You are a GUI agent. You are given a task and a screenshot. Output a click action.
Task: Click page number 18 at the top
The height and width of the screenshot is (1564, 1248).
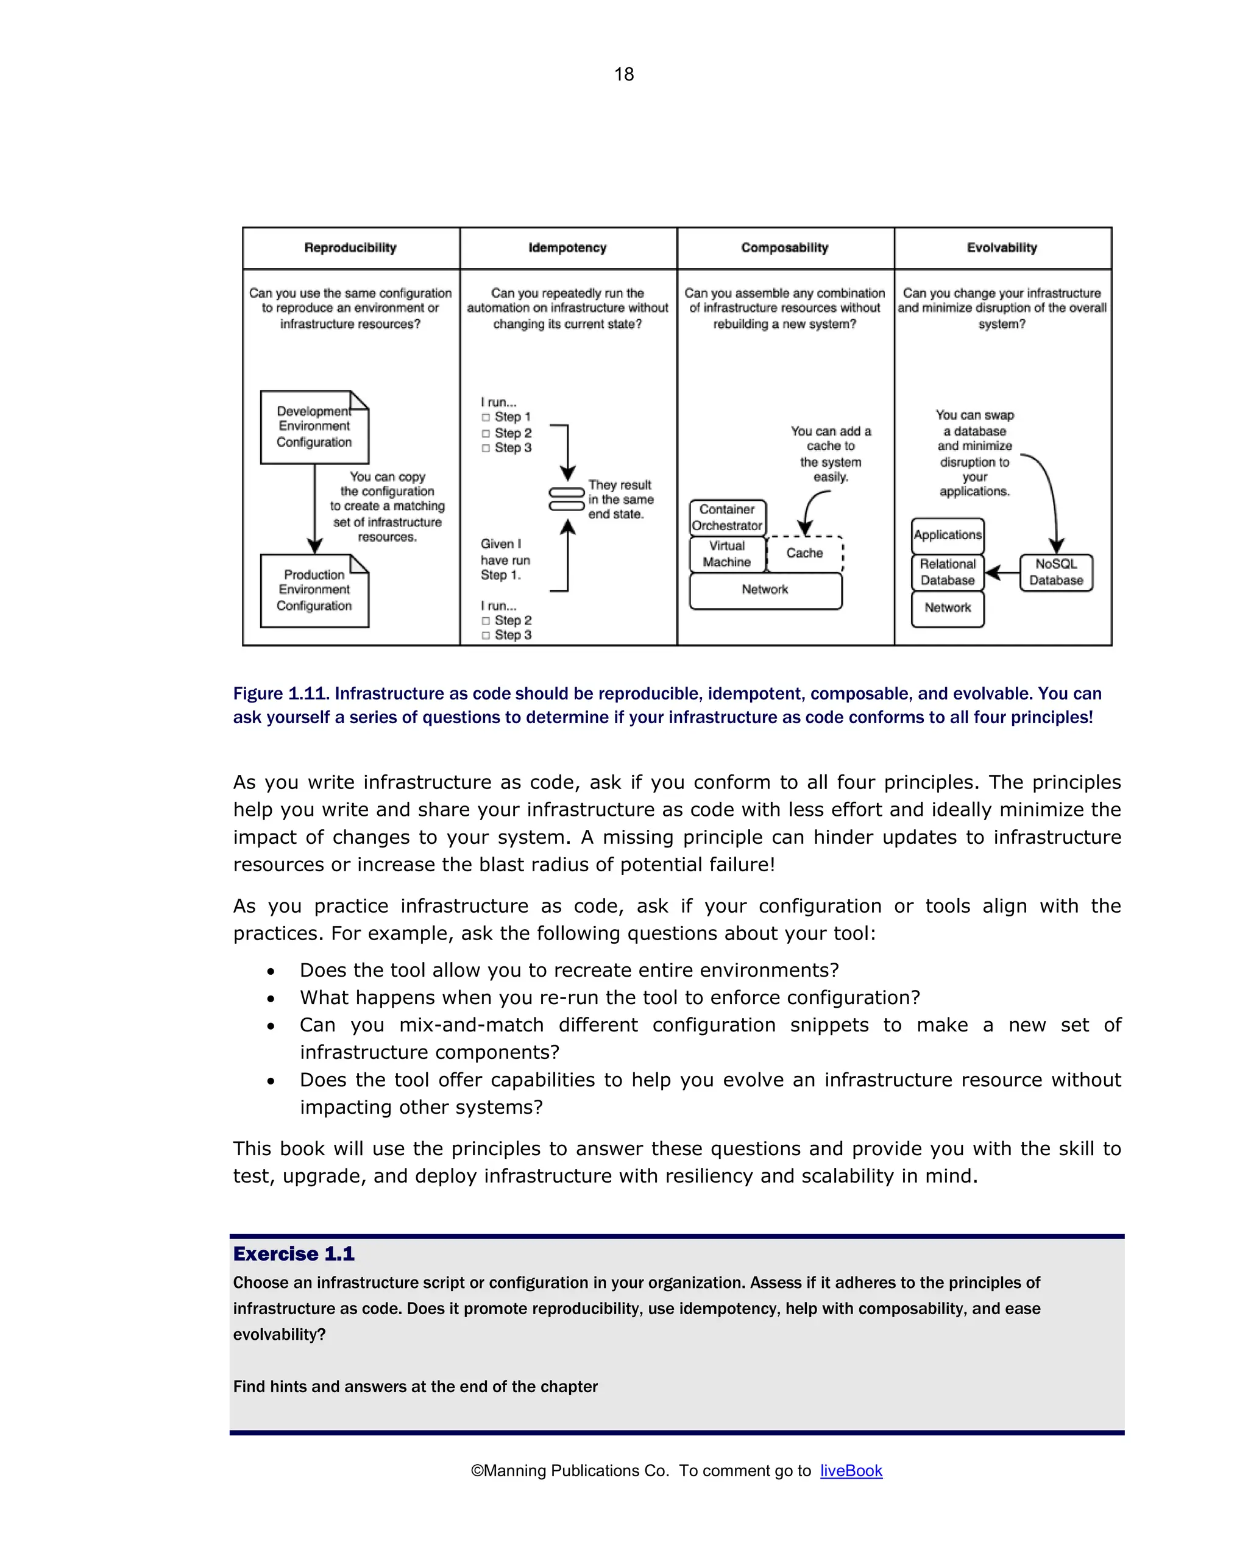click(x=623, y=74)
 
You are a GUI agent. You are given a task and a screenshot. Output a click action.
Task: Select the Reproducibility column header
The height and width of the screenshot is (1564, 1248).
click(x=350, y=247)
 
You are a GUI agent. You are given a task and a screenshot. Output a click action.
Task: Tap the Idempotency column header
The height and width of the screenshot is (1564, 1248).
click(x=567, y=247)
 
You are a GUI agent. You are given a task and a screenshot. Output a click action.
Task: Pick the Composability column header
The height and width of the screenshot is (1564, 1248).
click(x=784, y=247)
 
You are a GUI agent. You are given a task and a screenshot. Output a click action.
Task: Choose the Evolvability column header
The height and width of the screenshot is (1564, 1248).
click(x=1001, y=247)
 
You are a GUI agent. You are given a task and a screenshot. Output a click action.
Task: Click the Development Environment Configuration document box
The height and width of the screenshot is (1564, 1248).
click(x=314, y=427)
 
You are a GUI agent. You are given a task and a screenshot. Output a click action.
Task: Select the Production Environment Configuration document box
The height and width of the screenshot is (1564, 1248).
click(x=314, y=590)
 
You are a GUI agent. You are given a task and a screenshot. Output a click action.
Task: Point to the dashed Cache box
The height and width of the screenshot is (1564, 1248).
click(x=804, y=553)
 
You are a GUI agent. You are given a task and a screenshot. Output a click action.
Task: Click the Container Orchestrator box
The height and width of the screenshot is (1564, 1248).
click(x=727, y=517)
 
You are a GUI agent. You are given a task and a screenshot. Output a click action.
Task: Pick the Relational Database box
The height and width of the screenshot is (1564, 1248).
click(x=947, y=572)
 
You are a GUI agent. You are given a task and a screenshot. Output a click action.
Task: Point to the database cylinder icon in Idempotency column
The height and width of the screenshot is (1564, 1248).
click(x=567, y=499)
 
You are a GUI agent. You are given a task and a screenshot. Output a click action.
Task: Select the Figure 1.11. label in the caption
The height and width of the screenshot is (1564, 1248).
click(x=281, y=693)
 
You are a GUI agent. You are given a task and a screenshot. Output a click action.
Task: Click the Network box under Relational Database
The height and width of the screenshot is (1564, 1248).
click(x=947, y=609)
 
